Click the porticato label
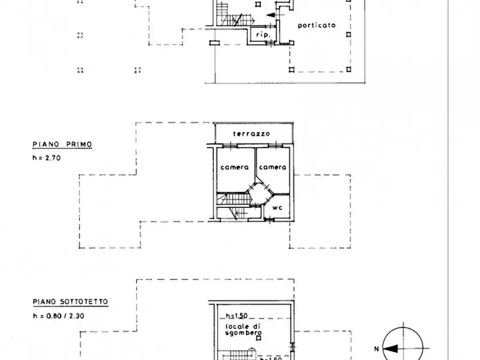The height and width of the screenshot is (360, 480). pos(317,25)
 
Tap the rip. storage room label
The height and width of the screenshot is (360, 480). pos(263,34)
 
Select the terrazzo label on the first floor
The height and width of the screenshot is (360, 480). pos(252,134)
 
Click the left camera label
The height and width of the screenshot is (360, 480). pos(234,167)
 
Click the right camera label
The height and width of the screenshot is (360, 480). pos(273,167)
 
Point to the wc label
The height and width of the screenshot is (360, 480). pos(277,207)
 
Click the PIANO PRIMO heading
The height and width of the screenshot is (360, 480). pos(62,144)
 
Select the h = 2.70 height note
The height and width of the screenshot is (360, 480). pos(47,158)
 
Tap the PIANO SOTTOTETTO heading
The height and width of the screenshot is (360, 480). pos(70,302)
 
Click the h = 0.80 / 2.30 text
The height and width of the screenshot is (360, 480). pos(59,315)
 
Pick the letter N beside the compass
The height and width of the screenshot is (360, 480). pos(377,349)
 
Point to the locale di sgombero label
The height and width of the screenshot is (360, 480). pos(243,330)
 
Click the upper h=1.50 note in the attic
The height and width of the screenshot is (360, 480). pos(237,315)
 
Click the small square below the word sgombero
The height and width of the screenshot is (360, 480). pos(259,339)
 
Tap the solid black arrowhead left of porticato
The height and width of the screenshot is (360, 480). pos(270,15)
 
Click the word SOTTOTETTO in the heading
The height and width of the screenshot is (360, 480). pos(84,302)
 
